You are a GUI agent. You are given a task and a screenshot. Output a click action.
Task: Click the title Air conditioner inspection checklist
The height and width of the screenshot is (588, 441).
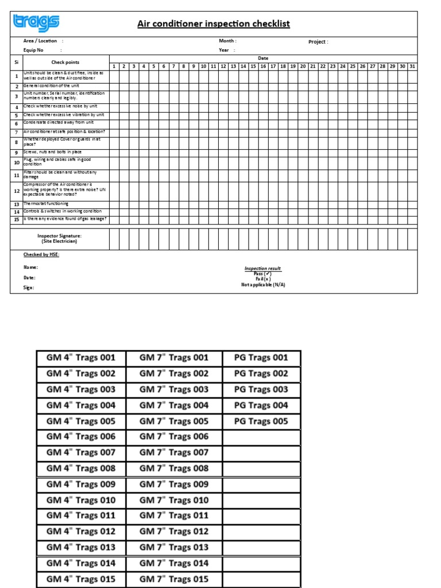click(213, 24)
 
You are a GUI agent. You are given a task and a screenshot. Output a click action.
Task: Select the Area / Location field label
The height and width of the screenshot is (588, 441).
click(40, 41)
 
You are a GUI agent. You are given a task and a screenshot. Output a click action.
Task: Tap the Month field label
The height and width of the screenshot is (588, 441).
click(227, 41)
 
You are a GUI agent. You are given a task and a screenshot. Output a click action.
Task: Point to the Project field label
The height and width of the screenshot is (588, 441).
click(318, 42)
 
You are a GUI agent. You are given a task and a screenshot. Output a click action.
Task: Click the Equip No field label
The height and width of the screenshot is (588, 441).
click(33, 50)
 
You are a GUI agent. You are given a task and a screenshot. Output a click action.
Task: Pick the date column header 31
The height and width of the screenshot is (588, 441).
click(412, 67)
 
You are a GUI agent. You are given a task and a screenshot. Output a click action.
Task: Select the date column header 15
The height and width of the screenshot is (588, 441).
click(253, 67)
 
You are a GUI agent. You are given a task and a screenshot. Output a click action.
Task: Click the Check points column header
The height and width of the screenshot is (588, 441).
click(65, 62)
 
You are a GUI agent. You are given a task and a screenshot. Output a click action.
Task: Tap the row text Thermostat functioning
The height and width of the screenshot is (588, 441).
click(46, 204)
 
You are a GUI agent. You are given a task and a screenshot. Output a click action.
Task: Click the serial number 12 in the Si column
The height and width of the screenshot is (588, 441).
click(17, 191)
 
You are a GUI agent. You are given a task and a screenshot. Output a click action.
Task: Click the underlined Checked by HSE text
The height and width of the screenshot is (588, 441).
click(41, 254)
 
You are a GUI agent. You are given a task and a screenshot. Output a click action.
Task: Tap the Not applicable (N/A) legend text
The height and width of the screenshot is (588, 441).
click(263, 284)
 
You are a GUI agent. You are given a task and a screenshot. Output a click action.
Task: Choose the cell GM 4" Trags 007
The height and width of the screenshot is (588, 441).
click(81, 452)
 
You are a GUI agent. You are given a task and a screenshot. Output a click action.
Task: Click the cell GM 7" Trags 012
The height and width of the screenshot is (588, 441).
click(174, 531)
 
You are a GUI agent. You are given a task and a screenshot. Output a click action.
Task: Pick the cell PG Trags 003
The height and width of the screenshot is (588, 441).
click(261, 389)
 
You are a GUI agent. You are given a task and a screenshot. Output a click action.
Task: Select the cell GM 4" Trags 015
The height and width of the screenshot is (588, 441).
click(81, 579)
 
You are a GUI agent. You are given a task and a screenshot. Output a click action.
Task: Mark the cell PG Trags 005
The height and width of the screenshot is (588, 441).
click(261, 421)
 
